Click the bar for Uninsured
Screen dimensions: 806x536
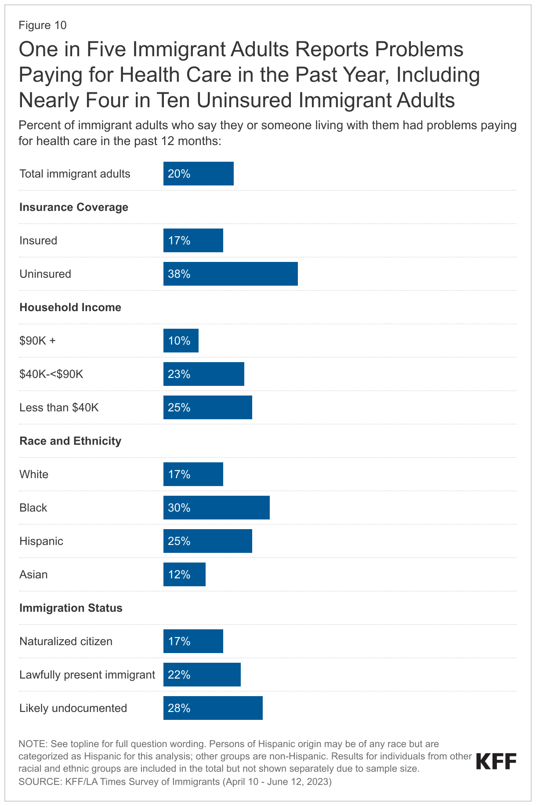click(230, 274)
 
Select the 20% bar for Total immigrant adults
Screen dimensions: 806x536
click(198, 174)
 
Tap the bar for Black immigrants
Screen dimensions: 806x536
click(216, 508)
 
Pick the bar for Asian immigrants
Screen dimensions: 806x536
click(184, 574)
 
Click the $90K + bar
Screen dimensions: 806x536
click(181, 341)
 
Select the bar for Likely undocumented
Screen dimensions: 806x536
click(213, 708)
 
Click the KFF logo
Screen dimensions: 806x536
click(496, 761)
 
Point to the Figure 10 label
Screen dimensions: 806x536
click(43, 25)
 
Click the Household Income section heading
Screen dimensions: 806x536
click(70, 307)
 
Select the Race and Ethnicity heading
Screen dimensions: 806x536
click(70, 441)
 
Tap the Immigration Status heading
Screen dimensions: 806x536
click(71, 608)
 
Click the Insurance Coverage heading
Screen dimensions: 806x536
click(74, 207)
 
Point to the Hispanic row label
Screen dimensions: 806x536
click(41, 541)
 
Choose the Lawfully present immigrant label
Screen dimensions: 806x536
click(87, 675)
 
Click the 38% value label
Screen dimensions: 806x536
click(179, 274)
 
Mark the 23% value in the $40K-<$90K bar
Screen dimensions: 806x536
click(179, 374)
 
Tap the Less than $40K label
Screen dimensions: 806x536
click(59, 407)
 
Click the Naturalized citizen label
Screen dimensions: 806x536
click(66, 641)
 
